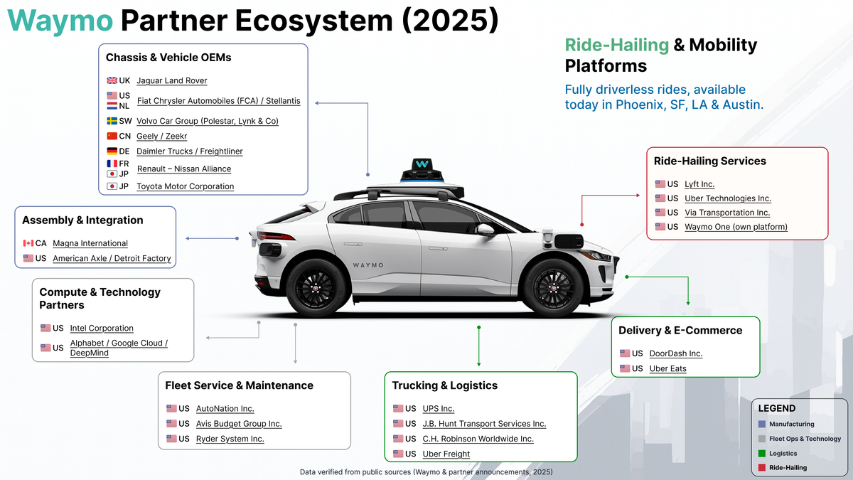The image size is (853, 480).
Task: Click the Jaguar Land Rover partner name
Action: click(x=171, y=81)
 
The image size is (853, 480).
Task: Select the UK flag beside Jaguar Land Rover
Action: click(x=112, y=80)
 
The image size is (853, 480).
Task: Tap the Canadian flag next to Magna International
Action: click(x=28, y=243)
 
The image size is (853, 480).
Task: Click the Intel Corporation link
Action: click(x=102, y=329)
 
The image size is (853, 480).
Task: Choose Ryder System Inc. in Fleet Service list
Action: click(x=230, y=439)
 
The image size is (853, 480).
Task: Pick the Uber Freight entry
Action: click(x=446, y=454)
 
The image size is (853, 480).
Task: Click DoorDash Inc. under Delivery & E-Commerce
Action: click(x=675, y=353)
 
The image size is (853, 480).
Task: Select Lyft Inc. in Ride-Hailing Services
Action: click(x=699, y=184)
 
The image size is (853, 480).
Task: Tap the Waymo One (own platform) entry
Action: click(x=736, y=227)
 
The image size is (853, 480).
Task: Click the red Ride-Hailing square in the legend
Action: click(x=762, y=468)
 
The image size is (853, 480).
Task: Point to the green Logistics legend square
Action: click(x=762, y=453)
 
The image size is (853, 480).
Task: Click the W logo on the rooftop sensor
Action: click(x=422, y=164)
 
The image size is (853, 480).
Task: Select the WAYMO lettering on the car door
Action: click(x=368, y=265)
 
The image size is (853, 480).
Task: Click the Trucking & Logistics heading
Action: click(x=444, y=385)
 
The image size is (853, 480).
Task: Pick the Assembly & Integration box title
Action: click(x=82, y=220)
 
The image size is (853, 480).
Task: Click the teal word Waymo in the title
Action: click(x=61, y=21)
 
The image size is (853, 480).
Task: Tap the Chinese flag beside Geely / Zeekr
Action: click(x=112, y=136)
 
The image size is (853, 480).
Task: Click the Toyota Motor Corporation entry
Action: click(x=185, y=186)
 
